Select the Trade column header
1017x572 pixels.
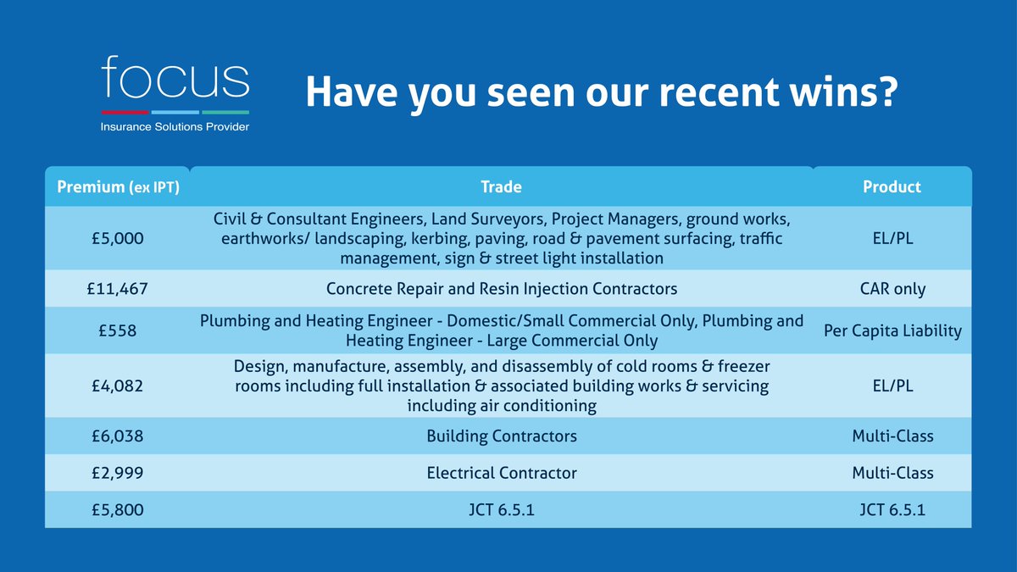501,186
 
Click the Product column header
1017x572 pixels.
892,186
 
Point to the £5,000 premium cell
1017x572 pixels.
117,239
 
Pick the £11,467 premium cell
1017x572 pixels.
117,289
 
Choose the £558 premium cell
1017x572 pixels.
117,330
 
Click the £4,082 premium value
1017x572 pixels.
117,386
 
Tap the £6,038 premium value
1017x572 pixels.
117,436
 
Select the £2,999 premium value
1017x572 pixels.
117,473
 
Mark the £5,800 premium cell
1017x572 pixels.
117,510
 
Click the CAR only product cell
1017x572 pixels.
892,289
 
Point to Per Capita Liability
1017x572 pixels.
892,330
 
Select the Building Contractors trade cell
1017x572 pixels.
502,436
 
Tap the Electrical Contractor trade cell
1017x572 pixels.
502,473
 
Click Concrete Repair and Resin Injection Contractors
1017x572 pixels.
502,289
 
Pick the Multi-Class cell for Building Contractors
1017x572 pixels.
892,436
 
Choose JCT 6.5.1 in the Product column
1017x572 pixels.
892,510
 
